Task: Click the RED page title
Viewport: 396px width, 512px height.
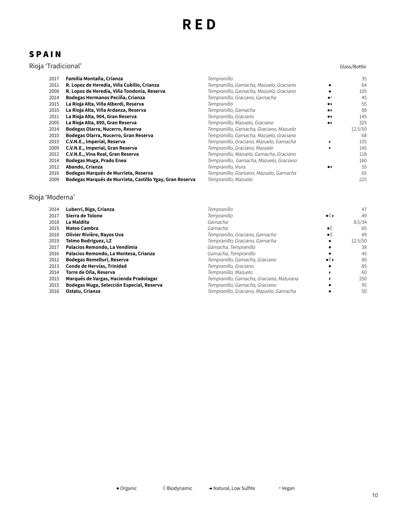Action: pyautogui.click(x=199, y=25)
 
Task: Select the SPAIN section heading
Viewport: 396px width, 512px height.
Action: pyautogui.click(x=45, y=54)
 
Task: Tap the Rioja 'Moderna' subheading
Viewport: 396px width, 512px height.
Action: pyautogui.click(x=52, y=197)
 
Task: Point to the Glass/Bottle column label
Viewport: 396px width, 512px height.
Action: pyautogui.click(x=353, y=67)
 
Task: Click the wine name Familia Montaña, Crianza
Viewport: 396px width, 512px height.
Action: pyautogui.click(x=94, y=79)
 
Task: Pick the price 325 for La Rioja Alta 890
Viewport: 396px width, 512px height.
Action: pyautogui.click(x=363, y=123)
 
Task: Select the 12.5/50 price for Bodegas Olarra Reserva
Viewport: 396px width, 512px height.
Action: pyautogui.click(x=359, y=129)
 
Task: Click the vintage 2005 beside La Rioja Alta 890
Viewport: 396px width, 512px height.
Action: pyautogui.click(x=54, y=123)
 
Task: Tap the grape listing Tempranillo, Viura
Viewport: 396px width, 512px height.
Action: pyautogui.click(x=226, y=167)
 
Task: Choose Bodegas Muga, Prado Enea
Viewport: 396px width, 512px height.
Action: pyautogui.click(x=96, y=161)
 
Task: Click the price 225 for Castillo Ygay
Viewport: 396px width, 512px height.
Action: pyautogui.click(x=363, y=179)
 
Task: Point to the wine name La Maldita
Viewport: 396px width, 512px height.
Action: pyautogui.click(x=77, y=222)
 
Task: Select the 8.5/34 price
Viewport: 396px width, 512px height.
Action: pyautogui.click(x=360, y=222)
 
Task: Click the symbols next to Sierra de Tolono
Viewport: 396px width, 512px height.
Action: pyautogui.click(x=330, y=216)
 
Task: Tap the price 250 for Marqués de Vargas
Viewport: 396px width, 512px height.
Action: pyautogui.click(x=363, y=279)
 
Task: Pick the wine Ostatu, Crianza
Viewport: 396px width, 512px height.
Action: pyautogui.click(x=83, y=291)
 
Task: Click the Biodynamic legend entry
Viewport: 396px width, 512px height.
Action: pyautogui.click(x=177, y=488)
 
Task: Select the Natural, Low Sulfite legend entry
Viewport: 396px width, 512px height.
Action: pyautogui.click(x=232, y=488)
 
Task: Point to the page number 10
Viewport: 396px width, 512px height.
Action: pyautogui.click(x=375, y=495)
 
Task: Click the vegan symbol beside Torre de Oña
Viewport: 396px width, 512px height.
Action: pyautogui.click(x=330, y=273)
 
